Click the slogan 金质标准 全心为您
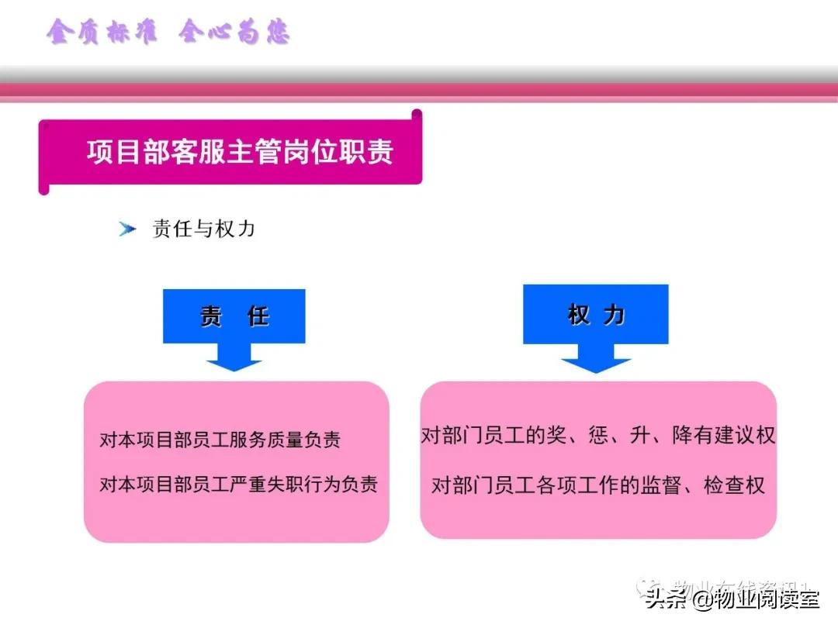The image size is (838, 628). (168, 33)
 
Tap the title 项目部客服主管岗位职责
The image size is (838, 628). (240, 151)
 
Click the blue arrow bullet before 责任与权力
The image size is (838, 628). (127, 229)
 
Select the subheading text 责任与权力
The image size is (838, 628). (204, 229)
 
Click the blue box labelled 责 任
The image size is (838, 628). (234, 316)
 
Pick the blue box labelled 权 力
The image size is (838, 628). (595, 314)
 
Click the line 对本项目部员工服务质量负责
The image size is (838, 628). (220, 440)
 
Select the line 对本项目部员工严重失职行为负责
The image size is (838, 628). (239, 485)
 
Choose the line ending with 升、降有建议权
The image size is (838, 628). (598, 435)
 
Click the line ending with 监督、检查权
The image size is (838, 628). (598, 486)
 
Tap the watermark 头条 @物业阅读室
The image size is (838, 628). (732, 599)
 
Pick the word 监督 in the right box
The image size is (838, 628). (660, 486)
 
